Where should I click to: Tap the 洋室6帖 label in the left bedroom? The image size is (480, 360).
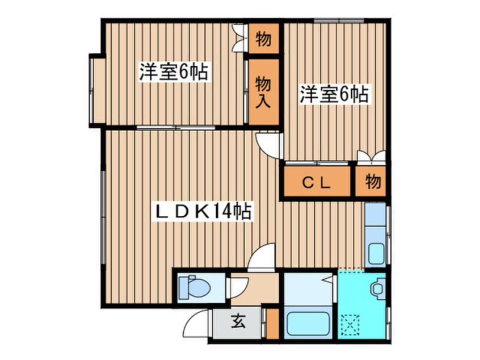point(174,72)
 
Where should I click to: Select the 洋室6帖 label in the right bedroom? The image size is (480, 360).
point(334,94)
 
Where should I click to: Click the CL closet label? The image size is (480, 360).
point(317,183)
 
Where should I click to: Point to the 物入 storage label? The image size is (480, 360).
point(263,92)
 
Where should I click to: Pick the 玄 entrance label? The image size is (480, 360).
point(238,321)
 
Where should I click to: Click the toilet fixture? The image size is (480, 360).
point(195,287)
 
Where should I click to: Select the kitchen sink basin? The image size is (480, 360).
point(376,254)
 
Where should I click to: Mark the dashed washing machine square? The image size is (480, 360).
point(351,325)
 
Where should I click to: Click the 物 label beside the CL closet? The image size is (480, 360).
point(373,182)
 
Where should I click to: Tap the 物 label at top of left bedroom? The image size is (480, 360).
point(263,39)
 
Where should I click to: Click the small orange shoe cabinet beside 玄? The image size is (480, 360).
point(272,324)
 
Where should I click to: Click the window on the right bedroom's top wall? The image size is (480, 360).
point(339,21)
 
